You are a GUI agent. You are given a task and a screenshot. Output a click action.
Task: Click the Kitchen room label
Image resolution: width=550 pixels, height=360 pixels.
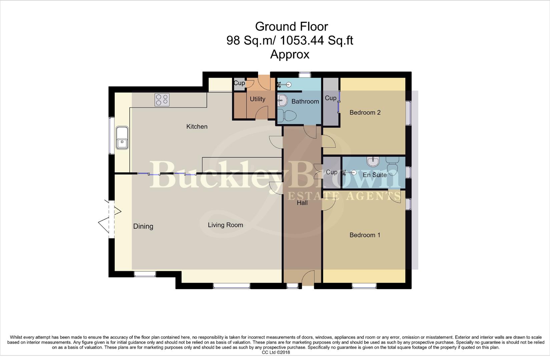click(197, 126)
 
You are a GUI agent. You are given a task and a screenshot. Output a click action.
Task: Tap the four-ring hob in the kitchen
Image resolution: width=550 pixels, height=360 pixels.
click(162, 100)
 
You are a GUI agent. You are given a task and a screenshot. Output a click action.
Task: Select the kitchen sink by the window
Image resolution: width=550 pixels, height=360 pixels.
click(122, 138)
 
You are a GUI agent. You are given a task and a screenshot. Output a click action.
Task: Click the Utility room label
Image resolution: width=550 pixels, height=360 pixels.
click(257, 99)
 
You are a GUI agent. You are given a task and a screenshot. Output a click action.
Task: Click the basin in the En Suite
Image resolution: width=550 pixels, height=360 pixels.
click(373, 162)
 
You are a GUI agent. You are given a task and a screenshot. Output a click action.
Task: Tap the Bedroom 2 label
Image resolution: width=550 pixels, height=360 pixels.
click(365, 112)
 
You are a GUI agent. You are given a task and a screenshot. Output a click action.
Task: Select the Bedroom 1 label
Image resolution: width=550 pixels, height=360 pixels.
click(365, 235)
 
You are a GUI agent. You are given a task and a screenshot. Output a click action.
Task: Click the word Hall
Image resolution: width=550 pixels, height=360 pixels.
click(302, 203)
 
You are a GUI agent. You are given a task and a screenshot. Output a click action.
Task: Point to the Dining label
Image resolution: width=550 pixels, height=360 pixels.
click(143, 226)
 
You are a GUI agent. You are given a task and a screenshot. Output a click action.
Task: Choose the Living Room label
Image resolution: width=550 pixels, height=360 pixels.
click(225, 225)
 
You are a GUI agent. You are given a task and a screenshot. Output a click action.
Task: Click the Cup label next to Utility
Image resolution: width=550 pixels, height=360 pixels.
click(239, 83)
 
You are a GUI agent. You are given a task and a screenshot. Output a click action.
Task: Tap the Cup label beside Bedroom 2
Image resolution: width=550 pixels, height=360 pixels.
click(331, 98)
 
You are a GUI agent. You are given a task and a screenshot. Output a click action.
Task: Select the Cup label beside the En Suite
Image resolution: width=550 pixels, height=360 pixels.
click(332, 172)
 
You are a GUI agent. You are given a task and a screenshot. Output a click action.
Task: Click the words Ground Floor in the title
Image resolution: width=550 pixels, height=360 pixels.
click(291, 26)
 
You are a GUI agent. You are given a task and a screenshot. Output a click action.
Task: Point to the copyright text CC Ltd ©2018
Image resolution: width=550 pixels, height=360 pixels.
click(276, 352)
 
